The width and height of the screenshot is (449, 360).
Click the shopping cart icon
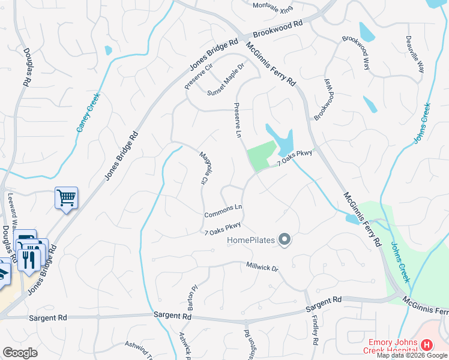point(66,197)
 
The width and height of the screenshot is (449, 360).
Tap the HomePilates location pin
point(285,241)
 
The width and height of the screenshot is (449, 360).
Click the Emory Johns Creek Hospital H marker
point(427,345)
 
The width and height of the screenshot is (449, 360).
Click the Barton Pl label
point(193,294)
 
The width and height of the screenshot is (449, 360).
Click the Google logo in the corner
point(20,353)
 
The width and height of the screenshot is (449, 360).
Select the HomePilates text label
point(251,241)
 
